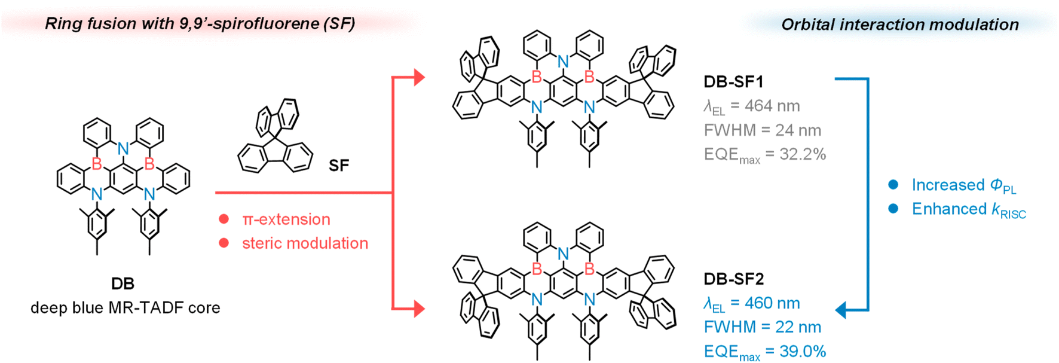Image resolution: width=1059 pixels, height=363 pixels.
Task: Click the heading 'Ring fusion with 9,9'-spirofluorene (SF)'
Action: point(200,24)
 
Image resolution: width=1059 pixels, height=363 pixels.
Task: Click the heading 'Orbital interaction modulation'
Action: point(900,25)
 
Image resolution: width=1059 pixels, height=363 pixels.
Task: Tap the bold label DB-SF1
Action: point(733,82)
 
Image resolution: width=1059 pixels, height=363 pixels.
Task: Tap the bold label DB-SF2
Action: point(733,279)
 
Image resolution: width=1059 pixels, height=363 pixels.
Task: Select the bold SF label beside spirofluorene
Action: point(339,165)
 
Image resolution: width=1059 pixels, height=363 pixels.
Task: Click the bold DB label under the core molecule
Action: point(123,283)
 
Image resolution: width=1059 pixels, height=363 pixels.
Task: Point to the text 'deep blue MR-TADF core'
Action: point(126,307)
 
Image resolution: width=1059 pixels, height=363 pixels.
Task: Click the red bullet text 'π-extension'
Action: point(286,219)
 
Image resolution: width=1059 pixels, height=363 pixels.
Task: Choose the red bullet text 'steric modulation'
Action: point(305,243)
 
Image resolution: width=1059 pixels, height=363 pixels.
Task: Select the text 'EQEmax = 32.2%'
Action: point(764,155)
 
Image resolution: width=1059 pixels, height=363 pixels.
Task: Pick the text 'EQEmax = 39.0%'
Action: point(764,352)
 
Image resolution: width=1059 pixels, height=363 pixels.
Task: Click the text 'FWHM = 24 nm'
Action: point(762,130)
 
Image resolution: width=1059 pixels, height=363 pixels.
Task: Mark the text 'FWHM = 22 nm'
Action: point(762,327)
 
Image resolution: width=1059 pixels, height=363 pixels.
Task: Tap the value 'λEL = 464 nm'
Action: point(751,106)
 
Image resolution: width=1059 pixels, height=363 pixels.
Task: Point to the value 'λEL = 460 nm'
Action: point(751,303)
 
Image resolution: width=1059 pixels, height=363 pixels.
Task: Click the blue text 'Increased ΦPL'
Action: point(963,185)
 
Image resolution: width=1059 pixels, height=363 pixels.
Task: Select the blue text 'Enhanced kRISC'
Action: point(968,209)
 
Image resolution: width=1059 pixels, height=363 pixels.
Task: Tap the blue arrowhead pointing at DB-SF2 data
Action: point(841,310)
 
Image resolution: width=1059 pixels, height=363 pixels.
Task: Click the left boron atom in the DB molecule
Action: point(97,163)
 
